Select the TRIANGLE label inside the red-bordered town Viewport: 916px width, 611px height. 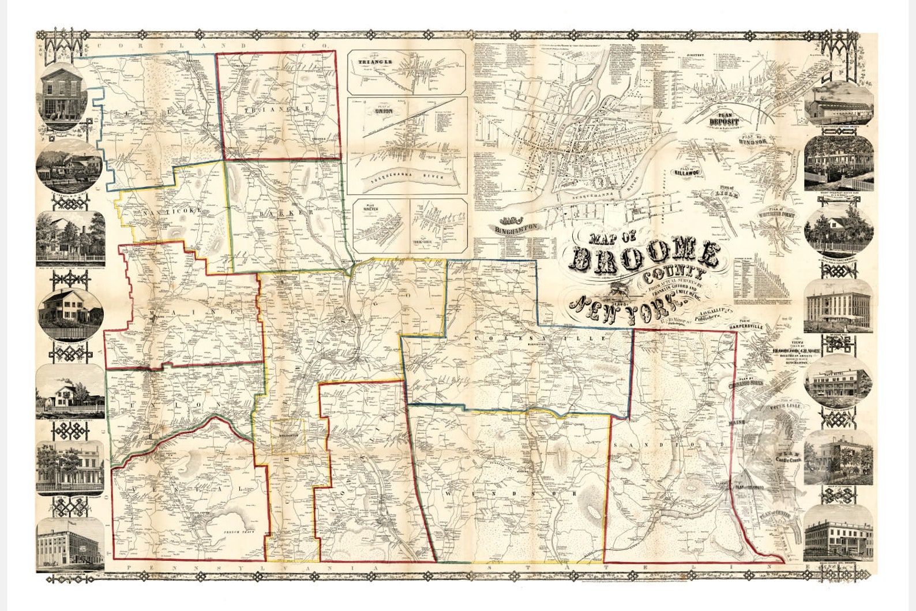pyautogui.click(x=278, y=108)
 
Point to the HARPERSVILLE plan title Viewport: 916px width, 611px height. pyautogui.click(x=753, y=327)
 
